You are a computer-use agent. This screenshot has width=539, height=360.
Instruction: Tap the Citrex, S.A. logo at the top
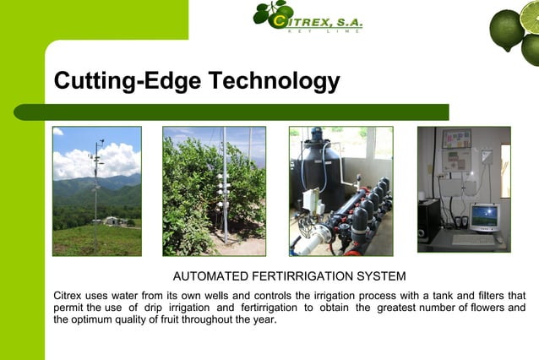pyautogui.click(x=308, y=17)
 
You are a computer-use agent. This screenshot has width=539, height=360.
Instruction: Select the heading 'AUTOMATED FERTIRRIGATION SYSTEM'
pyautogui.click(x=289, y=276)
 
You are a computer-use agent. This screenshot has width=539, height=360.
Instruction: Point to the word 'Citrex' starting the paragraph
pyautogui.click(x=69, y=295)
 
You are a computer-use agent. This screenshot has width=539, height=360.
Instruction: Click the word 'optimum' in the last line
pyautogui.click(x=97, y=320)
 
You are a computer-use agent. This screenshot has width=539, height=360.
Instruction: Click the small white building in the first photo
pyautogui.click(x=110, y=221)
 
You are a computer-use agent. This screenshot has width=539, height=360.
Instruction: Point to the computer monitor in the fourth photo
pyautogui.click(x=484, y=217)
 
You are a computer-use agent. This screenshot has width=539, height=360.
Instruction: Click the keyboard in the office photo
pyautogui.click(x=474, y=240)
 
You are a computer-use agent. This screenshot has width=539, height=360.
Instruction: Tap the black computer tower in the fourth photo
pyautogui.click(x=428, y=221)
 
